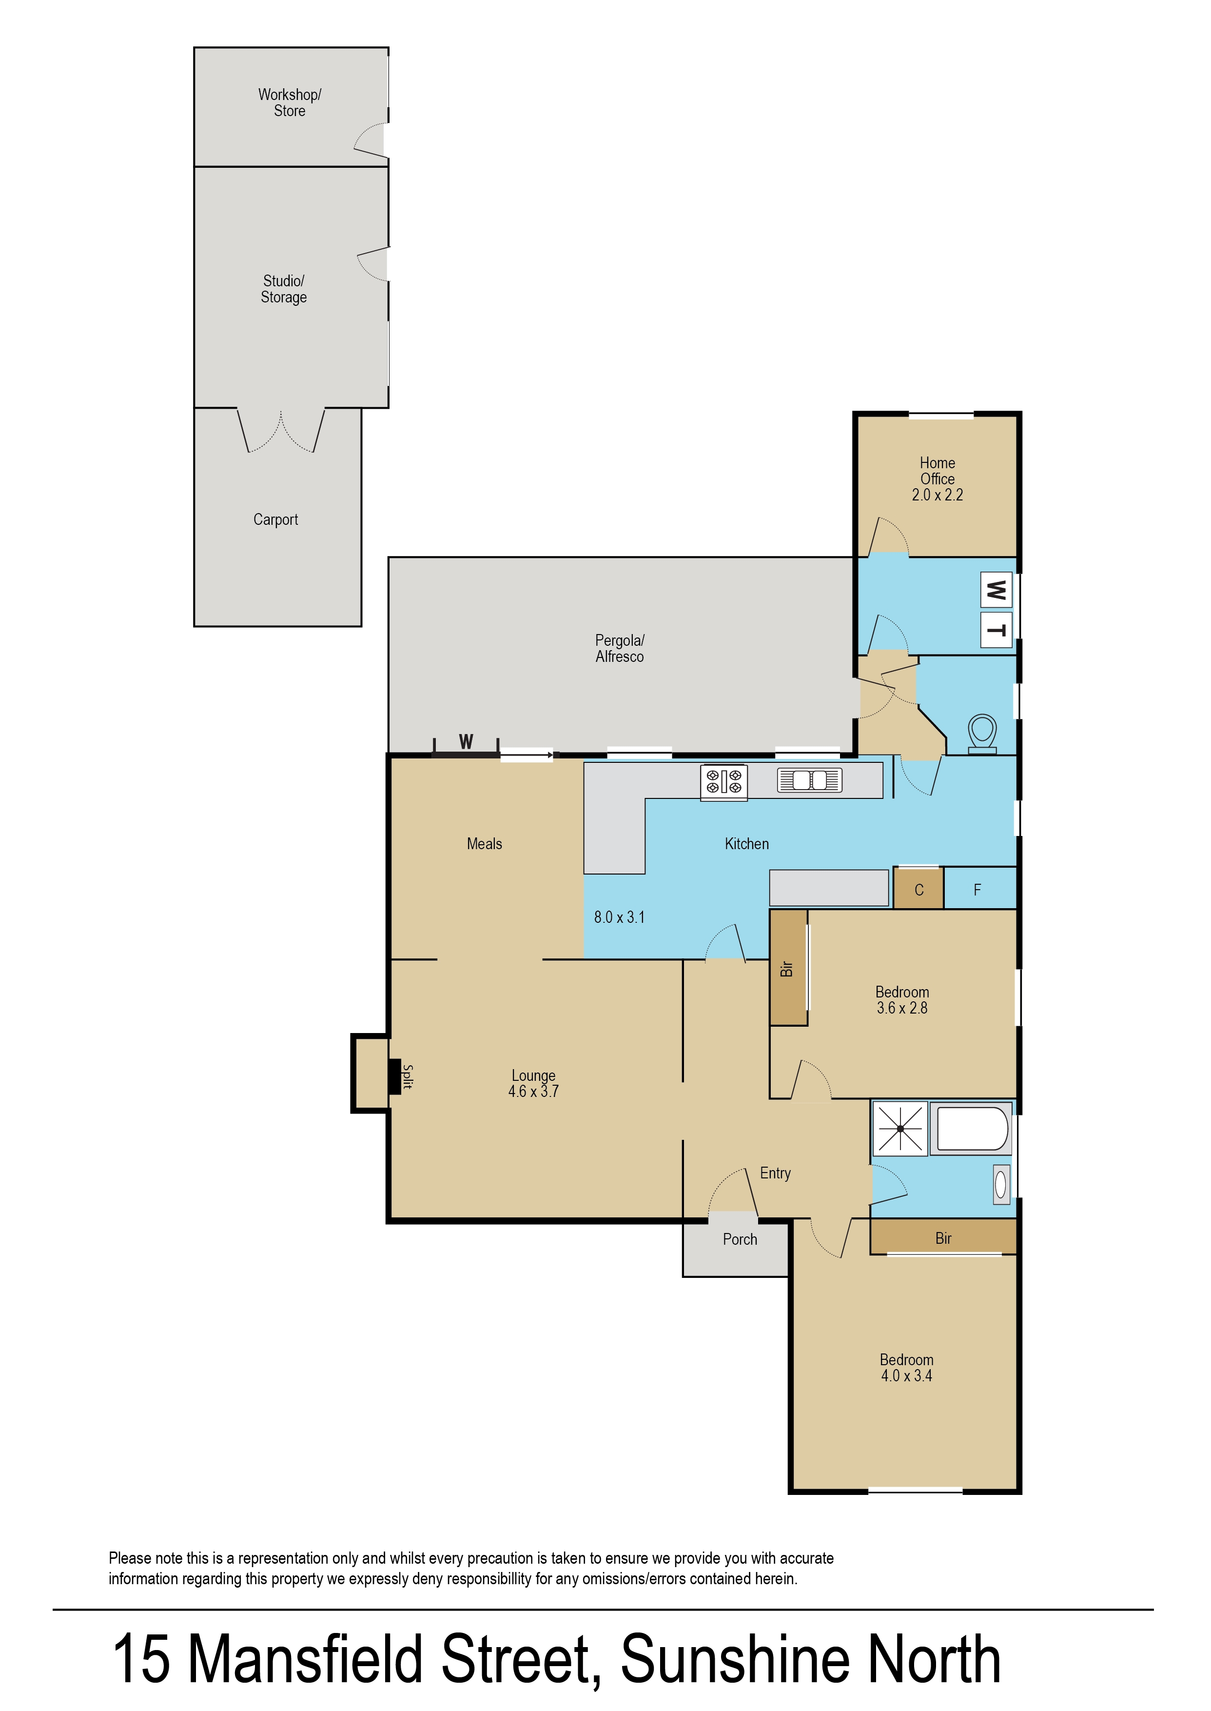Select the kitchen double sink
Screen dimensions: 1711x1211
pos(809,780)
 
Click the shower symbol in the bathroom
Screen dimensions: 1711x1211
pos(900,1129)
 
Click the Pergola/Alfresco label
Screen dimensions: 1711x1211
pos(620,648)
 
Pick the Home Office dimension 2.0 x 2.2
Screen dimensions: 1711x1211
pos(938,495)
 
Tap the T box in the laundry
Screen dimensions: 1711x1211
pos(996,631)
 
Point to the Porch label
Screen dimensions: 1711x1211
pos(740,1240)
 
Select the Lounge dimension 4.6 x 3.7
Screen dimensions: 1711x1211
pos(533,1092)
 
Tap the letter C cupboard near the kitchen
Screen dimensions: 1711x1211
pos(918,890)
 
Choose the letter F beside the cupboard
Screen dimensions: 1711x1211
pos(977,890)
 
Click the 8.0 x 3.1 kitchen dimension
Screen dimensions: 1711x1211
pos(619,917)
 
